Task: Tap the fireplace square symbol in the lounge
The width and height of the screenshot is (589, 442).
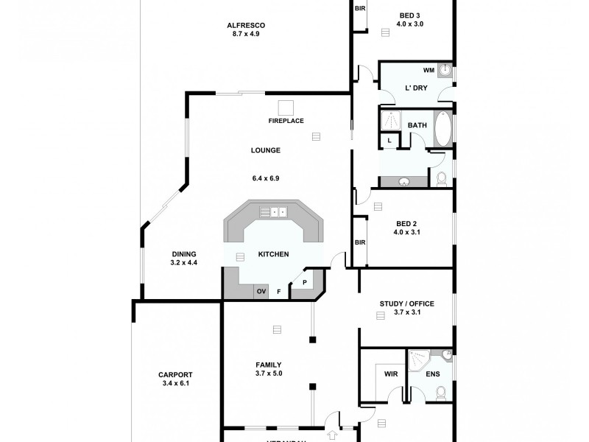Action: pyautogui.click(x=285, y=106)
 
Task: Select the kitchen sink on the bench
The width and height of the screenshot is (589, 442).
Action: pyautogui.click(x=278, y=212)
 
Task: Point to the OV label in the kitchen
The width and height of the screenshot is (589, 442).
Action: pyautogui.click(x=261, y=292)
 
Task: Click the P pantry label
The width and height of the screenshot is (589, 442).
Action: pyautogui.click(x=303, y=282)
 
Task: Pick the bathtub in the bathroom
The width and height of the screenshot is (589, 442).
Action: pyautogui.click(x=442, y=130)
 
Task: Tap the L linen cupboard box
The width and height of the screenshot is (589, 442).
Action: pyautogui.click(x=388, y=141)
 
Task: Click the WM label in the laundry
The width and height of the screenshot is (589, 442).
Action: pyautogui.click(x=428, y=71)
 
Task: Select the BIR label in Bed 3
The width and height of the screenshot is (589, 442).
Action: pyautogui.click(x=360, y=9)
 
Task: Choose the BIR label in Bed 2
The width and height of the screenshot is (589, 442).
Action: pyautogui.click(x=360, y=242)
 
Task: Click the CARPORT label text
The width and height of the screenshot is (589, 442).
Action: pyautogui.click(x=175, y=374)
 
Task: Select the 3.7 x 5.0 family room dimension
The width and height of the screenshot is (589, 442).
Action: pyautogui.click(x=268, y=373)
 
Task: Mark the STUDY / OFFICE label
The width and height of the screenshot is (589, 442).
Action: pyautogui.click(x=406, y=304)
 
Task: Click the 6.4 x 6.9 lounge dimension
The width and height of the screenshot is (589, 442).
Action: pyautogui.click(x=265, y=178)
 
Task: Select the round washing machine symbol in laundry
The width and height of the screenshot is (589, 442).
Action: pyautogui.click(x=445, y=70)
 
